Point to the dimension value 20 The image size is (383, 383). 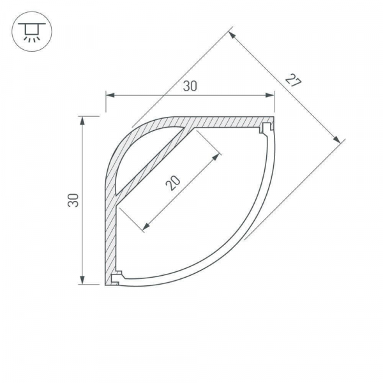(172, 184)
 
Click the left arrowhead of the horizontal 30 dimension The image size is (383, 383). (109, 96)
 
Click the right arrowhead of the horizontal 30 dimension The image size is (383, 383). (272, 96)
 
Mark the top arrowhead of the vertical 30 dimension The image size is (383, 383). (82, 119)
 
